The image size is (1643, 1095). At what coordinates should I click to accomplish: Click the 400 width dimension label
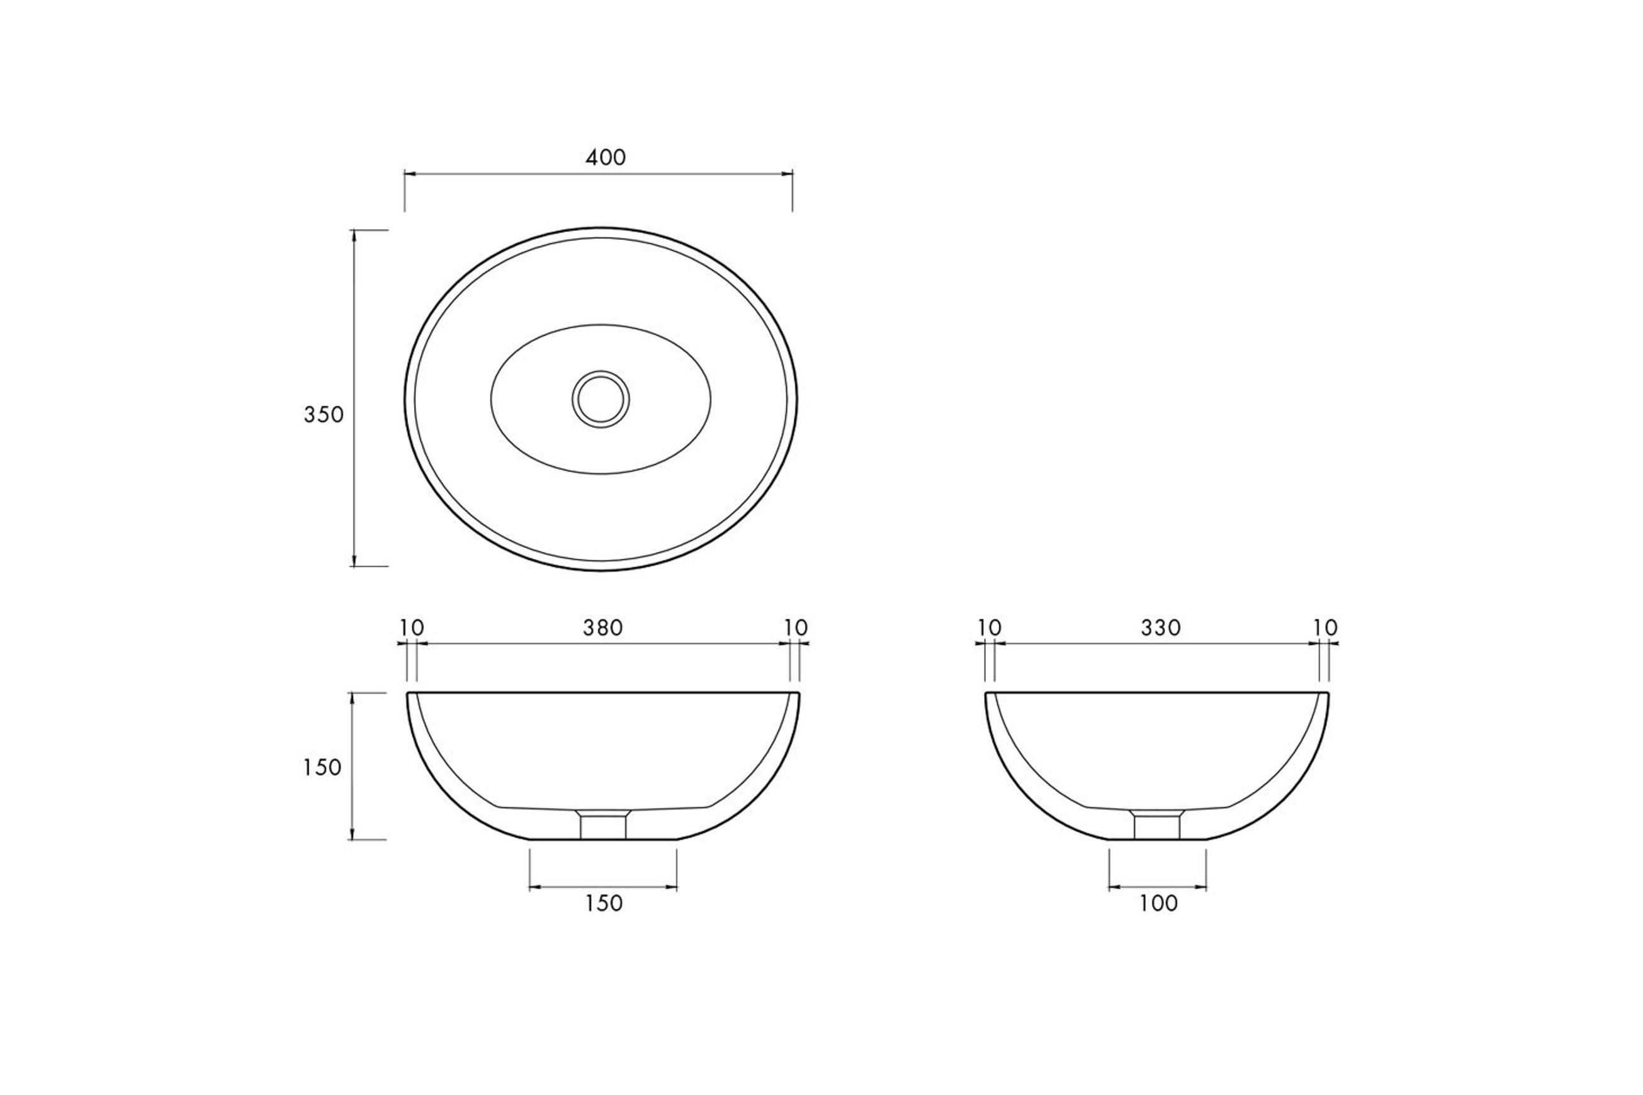[x=606, y=158]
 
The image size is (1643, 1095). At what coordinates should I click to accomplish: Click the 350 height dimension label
[x=324, y=415]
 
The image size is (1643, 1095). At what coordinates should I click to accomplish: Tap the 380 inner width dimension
[x=603, y=628]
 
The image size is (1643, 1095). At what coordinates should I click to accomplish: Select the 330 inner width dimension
[x=1161, y=628]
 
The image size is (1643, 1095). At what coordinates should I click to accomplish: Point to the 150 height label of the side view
[x=322, y=768]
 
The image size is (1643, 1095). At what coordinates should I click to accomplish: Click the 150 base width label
[x=604, y=903]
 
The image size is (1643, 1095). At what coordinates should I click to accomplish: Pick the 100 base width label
[x=1158, y=903]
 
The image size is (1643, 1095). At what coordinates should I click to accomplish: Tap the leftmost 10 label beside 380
[x=412, y=628]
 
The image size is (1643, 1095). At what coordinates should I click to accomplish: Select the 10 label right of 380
[x=796, y=628]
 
